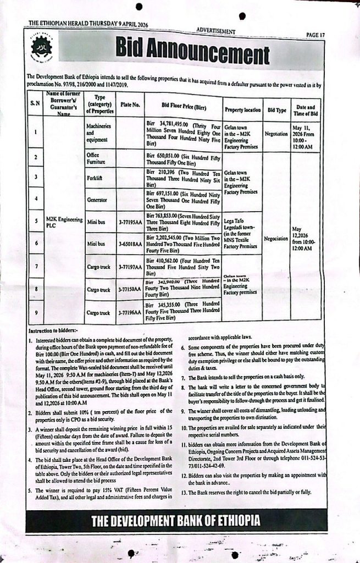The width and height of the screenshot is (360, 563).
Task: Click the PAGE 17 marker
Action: (x=315, y=35)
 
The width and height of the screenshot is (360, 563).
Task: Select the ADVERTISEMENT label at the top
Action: (x=215, y=31)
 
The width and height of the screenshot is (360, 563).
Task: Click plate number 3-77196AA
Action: (x=130, y=312)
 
